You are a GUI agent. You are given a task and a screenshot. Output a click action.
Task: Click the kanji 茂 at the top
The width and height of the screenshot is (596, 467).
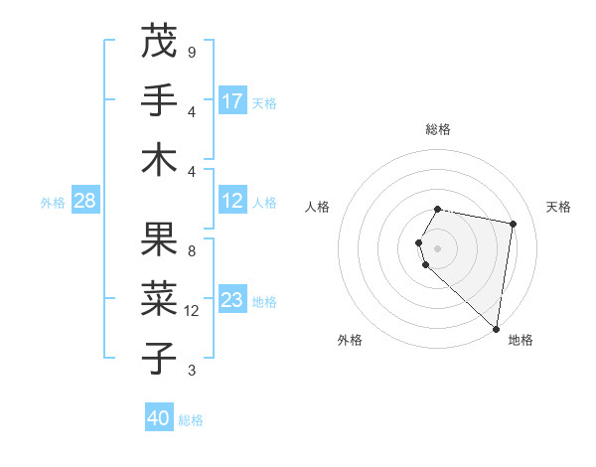(x=159, y=42)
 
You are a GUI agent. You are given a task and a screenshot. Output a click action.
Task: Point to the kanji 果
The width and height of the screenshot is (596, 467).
(x=159, y=238)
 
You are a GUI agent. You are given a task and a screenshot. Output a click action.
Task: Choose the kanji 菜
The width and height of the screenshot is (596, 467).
(x=159, y=298)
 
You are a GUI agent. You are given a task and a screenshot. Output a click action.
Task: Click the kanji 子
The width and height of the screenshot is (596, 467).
(x=159, y=358)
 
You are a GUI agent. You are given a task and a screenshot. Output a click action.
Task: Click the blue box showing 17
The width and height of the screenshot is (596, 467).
(x=232, y=100)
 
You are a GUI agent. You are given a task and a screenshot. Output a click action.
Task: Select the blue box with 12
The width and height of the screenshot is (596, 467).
(x=232, y=201)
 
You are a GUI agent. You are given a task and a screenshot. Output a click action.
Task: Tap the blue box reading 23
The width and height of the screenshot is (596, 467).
(x=232, y=300)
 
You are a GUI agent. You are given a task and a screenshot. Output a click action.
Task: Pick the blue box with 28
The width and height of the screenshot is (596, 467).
(x=85, y=201)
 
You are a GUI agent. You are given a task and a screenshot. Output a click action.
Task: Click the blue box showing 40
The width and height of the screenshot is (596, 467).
(x=159, y=418)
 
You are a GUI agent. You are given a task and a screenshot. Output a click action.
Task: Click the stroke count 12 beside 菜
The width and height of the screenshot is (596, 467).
(x=192, y=311)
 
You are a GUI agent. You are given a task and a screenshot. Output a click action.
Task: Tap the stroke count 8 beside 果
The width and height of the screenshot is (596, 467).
(x=191, y=251)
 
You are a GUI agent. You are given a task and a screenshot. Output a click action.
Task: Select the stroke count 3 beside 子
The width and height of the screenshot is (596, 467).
(x=191, y=371)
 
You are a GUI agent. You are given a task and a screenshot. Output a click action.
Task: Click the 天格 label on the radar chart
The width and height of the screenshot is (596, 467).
(x=558, y=207)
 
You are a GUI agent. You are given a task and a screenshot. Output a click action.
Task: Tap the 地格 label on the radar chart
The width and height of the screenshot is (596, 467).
(x=521, y=341)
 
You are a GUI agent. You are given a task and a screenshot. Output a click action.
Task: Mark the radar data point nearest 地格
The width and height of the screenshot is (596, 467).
(x=496, y=327)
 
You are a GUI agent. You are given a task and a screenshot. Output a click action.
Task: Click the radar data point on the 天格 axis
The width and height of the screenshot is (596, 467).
(x=513, y=225)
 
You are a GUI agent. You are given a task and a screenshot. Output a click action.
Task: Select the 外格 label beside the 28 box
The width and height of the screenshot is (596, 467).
(x=53, y=202)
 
